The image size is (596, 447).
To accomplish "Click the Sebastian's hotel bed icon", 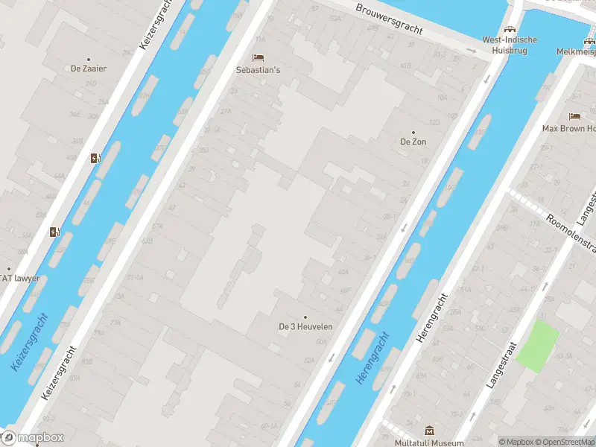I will click(x=258, y=57).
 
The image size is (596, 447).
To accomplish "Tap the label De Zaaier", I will click(x=89, y=69).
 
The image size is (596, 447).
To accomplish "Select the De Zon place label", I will click(x=413, y=142).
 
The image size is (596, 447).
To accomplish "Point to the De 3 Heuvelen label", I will click(x=305, y=326).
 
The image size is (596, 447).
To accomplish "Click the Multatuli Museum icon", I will click(x=429, y=431).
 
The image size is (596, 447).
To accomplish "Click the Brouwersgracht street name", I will click(x=389, y=20).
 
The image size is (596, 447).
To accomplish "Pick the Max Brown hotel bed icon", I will click(x=574, y=116).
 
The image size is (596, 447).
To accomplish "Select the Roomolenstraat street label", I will click(x=570, y=232).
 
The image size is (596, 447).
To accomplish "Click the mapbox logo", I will click(x=34, y=438).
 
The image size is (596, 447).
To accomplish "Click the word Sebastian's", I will click(x=258, y=70).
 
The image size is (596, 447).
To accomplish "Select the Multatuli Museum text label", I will click(x=429, y=443).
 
